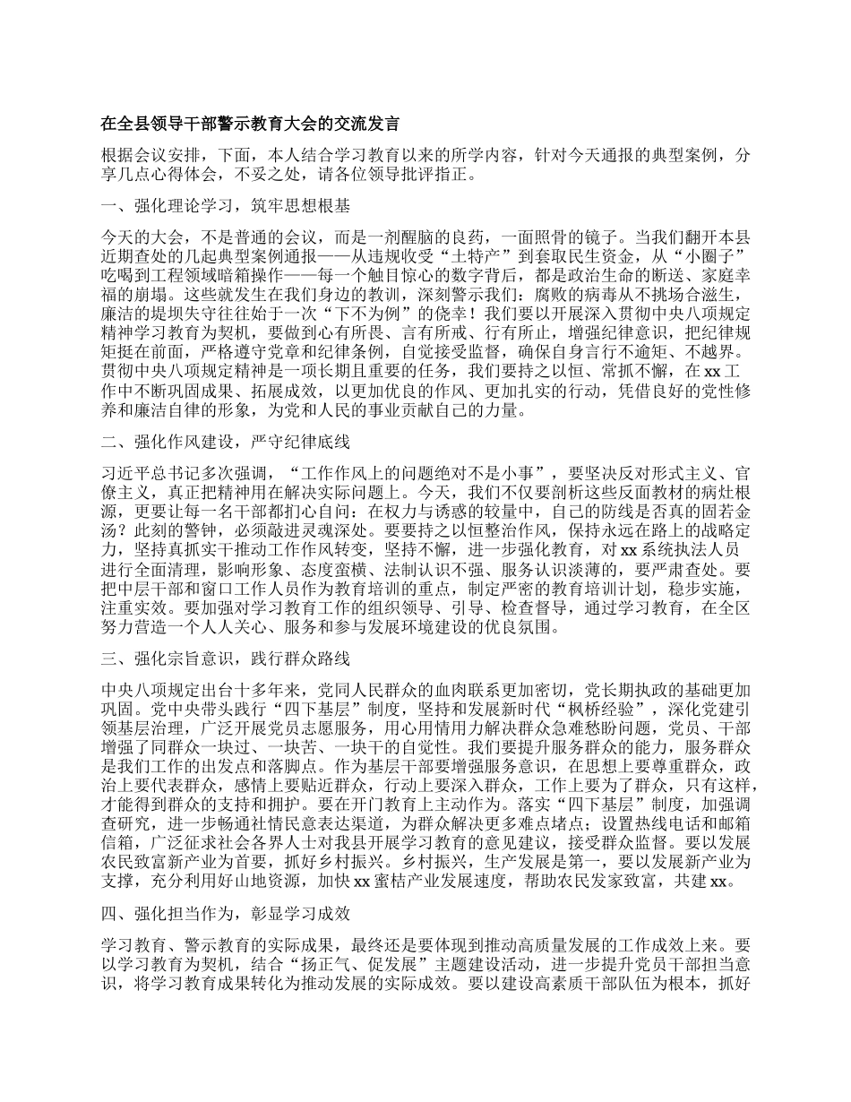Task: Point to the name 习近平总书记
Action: point(149,472)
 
